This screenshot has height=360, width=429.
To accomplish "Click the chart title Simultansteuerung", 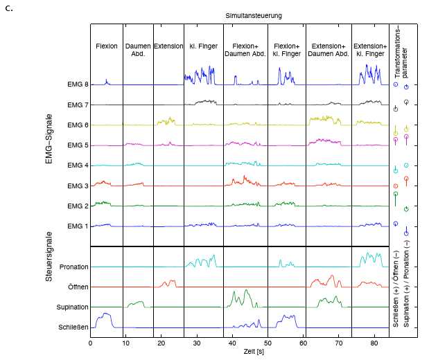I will pyautogui.click(x=253, y=15).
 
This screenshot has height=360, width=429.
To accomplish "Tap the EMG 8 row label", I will pyautogui.click(x=77, y=84).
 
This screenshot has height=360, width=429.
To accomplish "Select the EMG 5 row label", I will pyautogui.click(x=77, y=145).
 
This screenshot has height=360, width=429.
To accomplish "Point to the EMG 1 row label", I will pyautogui.click(x=77, y=226).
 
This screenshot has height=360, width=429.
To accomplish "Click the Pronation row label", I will pyautogui.click(x=73, y=267).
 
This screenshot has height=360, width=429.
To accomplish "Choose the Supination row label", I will pyautogui.click(x=73, y=307).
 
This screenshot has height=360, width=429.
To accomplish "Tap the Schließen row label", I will pyautogui.click(x=73, y=327).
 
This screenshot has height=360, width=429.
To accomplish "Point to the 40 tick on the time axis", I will pyautogui.click(x=232, y=343).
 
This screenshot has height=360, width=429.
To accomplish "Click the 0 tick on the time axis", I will pyautogui.click(x=90, y=343).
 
